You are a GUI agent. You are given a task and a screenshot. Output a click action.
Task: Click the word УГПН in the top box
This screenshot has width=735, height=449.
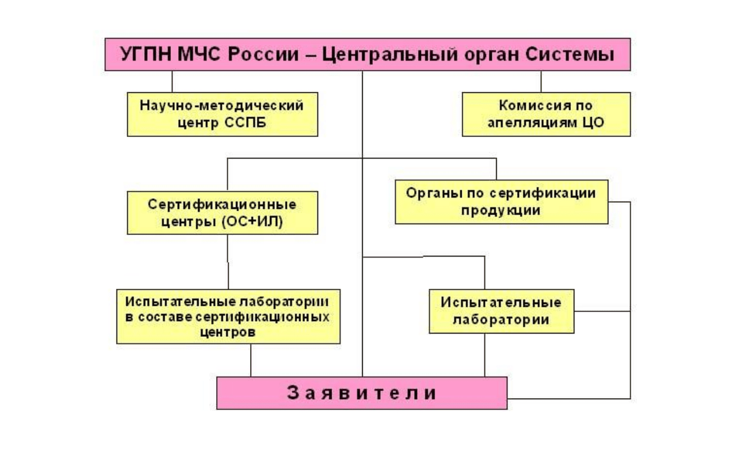(x=145, y=54)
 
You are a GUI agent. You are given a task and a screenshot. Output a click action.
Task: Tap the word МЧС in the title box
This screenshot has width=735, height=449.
(x=199, y=54)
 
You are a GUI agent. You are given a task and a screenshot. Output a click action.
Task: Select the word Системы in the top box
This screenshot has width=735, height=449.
(x=570, y=54)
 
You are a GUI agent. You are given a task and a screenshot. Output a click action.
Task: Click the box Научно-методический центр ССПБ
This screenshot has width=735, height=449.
(x=222, y=114)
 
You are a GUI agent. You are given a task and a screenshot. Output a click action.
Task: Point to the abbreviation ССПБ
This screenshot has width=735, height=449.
(x=246, y=123)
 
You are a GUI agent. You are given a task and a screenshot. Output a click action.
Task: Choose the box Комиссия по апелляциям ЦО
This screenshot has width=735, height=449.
(x=547, y=114)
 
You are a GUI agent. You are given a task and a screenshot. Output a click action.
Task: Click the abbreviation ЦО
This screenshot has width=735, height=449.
(x=593, y=123)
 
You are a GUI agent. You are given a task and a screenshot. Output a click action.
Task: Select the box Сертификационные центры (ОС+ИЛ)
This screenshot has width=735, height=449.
(x=222, y=213)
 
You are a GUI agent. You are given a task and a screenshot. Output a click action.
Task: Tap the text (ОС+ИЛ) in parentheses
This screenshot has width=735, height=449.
(x=252, y=222)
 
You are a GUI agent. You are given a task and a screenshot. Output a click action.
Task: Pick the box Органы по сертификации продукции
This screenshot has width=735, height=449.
(x=502, y=202)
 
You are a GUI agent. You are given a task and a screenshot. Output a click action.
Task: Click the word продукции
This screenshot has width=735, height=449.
(x=501, y=211)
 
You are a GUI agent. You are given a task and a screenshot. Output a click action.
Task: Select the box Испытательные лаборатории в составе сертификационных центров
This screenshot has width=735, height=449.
(x=229, y=317)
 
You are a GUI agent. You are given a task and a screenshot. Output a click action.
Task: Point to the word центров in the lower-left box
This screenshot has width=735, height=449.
(x=227, y=332)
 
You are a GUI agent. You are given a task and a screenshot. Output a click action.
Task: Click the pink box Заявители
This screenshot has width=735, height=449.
(x=362, y=393)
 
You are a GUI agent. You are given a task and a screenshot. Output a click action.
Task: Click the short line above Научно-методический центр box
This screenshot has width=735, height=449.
(x=172, y=82)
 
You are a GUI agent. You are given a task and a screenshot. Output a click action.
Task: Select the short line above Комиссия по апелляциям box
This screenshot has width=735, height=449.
(x=541, y=82)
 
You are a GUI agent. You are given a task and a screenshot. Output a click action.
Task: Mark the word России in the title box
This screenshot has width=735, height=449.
(x=264, y=54)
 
